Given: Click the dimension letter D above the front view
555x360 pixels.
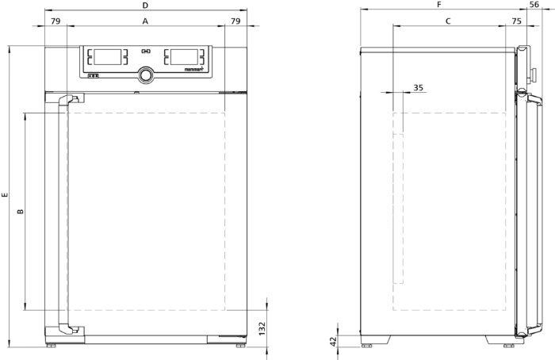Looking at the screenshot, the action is (145, 6).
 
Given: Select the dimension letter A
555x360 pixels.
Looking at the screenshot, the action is (145, 21).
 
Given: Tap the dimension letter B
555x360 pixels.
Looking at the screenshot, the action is (21, 212).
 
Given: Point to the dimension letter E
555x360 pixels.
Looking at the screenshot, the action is (5, 195).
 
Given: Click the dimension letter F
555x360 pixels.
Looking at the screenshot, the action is (439, 5).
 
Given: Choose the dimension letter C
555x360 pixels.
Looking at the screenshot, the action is (448, 21).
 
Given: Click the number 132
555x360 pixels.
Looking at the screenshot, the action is (262, 328).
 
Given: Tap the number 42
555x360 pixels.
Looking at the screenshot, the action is (333, 341).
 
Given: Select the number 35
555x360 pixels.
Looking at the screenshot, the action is (419, 87).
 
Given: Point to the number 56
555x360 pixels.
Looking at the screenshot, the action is (534, 5).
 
